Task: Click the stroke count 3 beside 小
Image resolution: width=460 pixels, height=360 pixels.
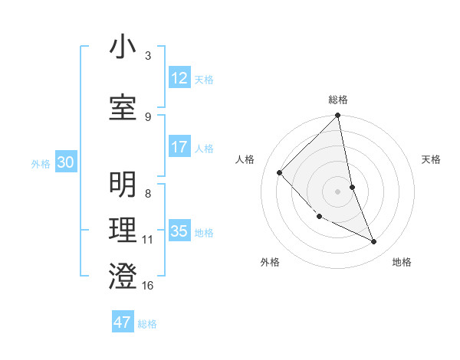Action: pos(148,56)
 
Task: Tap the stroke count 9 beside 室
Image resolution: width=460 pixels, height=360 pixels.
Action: pos(148,116)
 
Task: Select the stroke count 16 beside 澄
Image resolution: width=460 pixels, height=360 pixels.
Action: pos(148,286)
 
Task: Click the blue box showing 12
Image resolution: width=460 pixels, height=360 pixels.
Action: pos(179,78)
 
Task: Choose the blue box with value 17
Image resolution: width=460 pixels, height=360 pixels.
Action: pos(179,147)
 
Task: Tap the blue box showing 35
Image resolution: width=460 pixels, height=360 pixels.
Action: pos(179,231)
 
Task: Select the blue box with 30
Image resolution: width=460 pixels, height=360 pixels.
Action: pos(65,162)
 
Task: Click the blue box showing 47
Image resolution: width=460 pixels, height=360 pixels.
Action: pos(123,322)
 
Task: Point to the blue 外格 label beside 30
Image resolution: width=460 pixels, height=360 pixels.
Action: pos(41,163)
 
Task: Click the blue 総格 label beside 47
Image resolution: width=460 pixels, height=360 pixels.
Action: pos(147,324)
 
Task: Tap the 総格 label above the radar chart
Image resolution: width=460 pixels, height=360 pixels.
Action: pos(338,100)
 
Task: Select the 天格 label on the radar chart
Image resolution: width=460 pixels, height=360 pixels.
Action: pos(432,159)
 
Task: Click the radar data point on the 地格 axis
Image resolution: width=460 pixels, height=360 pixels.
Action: pos(374,242)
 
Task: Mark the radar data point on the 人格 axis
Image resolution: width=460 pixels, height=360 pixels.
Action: pos(280,172)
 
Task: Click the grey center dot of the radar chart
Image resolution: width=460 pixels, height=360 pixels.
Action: pos(338,191)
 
